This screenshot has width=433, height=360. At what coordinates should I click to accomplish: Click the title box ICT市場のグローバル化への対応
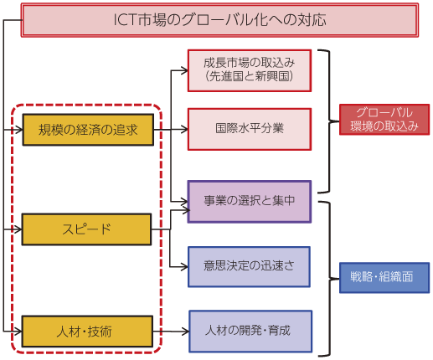pos(219,20)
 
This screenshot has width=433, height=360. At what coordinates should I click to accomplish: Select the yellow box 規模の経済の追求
pos(88,130)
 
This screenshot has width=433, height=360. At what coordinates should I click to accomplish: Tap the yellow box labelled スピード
pos(86,229)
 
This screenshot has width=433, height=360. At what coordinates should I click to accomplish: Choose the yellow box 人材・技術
pos(87,332)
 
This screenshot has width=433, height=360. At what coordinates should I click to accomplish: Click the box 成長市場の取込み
pos(250,70)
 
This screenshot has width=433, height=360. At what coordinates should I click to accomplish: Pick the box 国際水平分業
pos(250,129)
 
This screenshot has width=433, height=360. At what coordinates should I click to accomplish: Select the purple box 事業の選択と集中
pos(250,202)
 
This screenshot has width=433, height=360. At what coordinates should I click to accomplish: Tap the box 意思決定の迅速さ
pos(249,267)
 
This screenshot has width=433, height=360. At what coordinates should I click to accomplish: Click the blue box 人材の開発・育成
pos(250,332)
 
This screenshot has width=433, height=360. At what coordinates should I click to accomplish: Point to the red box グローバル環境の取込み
pos(384,120)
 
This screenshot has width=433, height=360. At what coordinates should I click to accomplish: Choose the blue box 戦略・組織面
pos(384,278)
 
